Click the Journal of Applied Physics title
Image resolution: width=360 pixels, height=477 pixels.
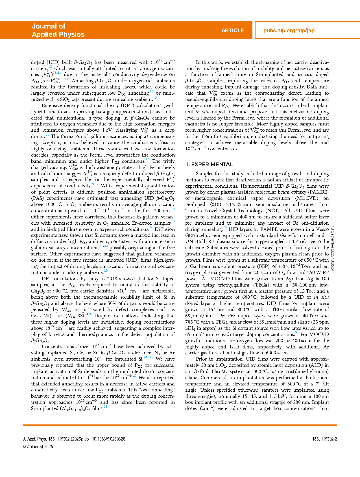(58, 30)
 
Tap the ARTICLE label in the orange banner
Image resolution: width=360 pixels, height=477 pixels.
(232, 31)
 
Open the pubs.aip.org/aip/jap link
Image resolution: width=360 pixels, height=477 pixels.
(289, 31)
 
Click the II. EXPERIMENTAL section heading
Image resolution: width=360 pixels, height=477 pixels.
(209, 164)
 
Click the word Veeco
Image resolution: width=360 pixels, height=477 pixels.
(322, 229)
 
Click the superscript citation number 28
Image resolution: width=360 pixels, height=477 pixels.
(105, 407)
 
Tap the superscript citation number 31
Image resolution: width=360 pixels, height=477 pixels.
(297, 333)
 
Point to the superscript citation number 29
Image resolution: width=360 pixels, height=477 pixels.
(224, 227)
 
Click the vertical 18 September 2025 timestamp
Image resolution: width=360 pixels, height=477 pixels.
(333, 249)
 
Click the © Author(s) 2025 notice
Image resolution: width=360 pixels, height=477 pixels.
(38, 446)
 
